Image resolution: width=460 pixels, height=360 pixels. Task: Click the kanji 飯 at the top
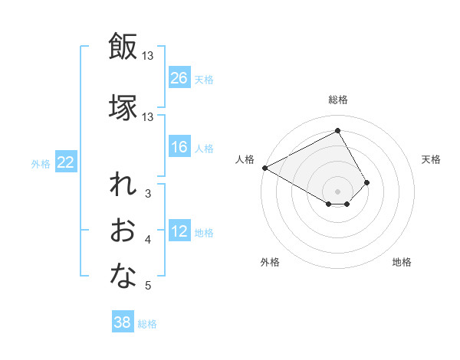pyautogui.click(x=123, y=47)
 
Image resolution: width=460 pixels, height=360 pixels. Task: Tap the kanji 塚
pyautogui.click(x=123, y=107)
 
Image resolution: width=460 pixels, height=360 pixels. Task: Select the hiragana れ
pyautogui.click(x=123, y=188)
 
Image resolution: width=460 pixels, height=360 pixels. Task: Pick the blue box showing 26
pyautogui.click(x=179, y=78)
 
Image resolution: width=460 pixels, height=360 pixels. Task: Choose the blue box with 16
pyautogui.click(x=179, y=147)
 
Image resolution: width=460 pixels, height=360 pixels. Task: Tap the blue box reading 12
pyautogui.click(x=179, y=232)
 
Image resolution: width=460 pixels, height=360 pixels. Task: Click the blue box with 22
pyautogui.click(x=66, y=162)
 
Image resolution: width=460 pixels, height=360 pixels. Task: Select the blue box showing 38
pyautogui.click(x=123, y=322)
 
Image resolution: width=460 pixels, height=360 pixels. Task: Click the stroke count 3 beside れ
pyautogui.click(x=148, y=194)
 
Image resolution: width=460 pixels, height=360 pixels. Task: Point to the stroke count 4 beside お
pyautogui.click(x=148, y=240)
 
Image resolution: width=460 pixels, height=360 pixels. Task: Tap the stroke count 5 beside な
pyautogui.click(x=148, y=286)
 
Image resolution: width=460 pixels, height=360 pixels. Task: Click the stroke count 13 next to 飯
pyautogui.click(x=148, y=55)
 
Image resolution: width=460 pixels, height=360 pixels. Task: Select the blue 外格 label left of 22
pyautogui.click(x=41, y=163)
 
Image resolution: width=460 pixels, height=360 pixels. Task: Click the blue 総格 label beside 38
pyautogui.click(x=147, y=323)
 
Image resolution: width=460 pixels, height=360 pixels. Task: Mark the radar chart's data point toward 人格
pyautogui.click(x=264, y=168)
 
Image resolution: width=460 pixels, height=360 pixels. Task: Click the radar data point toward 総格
pyautogui.click(x=337, y=130)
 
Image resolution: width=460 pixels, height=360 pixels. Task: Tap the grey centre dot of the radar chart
pyautogui.click(x=337, y=190)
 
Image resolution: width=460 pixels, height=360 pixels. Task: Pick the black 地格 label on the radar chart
pyautogui.click(x=402, y=262)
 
